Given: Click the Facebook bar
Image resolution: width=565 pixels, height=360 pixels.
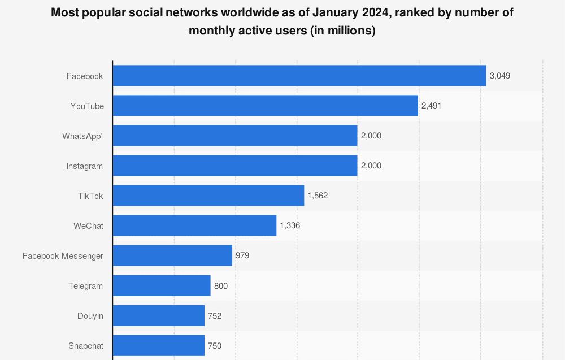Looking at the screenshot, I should (x=299, y=76).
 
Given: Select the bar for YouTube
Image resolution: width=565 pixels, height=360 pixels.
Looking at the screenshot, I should (x=266, y=106).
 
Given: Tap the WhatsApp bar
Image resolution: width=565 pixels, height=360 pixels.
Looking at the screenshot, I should (x=235, y=136).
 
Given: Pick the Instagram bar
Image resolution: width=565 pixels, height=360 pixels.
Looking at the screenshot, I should (x=235, y=166).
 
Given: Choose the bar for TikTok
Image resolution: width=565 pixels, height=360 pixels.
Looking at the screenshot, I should (x=208, y=196).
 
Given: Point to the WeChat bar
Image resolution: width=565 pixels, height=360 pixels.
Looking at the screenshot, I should (x=195, y=225).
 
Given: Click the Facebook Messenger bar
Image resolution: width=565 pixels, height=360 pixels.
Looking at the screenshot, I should (x=173, y=255).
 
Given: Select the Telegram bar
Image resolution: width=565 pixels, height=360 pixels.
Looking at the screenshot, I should (x=162, y=285).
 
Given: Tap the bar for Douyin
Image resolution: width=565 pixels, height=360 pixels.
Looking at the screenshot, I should (x=159, y=315).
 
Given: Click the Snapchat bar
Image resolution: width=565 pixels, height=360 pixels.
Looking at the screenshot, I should (x=159, y=345).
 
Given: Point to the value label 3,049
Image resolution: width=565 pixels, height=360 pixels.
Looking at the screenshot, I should (x=500, y=76).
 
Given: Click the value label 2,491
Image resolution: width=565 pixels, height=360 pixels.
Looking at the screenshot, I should (x=432, y=106).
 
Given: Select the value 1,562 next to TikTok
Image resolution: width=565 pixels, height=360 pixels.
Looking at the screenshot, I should (x=318, y=196).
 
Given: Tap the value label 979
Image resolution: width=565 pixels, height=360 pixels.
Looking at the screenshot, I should (x=242, y=255).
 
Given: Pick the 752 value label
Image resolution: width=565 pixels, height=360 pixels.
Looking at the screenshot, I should (x=215, y=315).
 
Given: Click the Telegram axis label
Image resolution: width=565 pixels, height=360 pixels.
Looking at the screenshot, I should (x=85, y=286).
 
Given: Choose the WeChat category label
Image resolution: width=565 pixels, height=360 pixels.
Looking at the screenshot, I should (x=88, y=226).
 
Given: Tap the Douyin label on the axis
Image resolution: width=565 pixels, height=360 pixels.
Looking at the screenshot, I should (x=90, y=316).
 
